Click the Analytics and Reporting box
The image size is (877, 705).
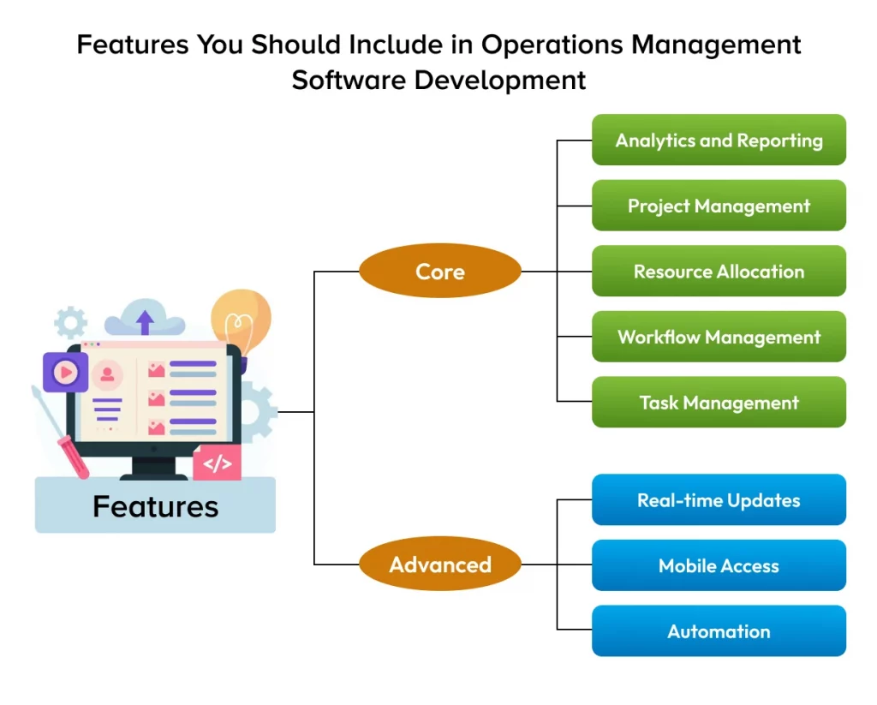click(x=719, y=140)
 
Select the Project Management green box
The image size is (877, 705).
click(x=719, y=206)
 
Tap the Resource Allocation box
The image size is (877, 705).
click(x=719, y=272)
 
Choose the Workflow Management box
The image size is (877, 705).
click(x=719, y=337)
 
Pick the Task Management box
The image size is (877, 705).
click(x=719, y=403)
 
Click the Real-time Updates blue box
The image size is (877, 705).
click(x=719, y=500)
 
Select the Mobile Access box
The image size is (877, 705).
click(x=719, y=565)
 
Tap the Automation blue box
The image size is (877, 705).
click(x=719, y=631)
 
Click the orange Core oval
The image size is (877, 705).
click(x=440, y=272)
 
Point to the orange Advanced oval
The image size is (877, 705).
click(x=440, y=565)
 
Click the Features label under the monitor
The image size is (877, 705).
click(x=155, y=506)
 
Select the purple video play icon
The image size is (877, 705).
click(x=65, y=373)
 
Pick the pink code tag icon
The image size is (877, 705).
click(x=218, y=463)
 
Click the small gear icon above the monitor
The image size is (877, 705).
click(x=70, y=323)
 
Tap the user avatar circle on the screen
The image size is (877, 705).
click(x=107, y=374)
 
